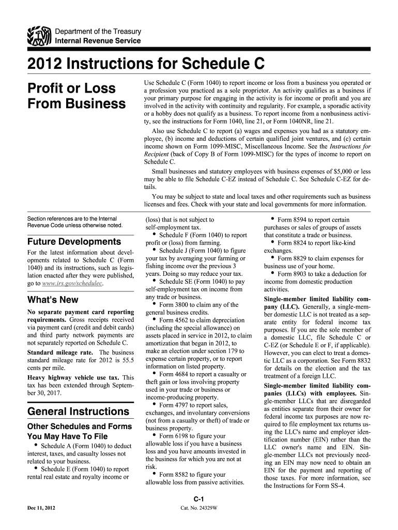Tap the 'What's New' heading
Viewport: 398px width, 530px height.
pyautogui.click(x=53, y=300)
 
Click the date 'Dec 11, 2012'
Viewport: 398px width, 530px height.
pyautogui.click(x=42, y=508)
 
